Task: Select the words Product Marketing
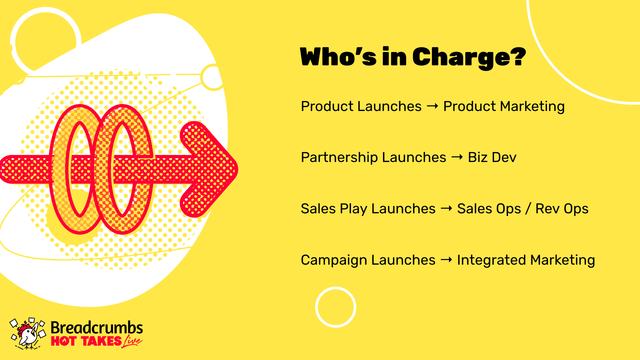coord(504,106)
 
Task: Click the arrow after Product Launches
coord(433,106)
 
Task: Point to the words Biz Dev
coord(492,157)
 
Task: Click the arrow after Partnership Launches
coord(457,157)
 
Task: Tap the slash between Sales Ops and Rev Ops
coord(528,209)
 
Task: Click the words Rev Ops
coord(562,209)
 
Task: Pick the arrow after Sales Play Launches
coord(446,208)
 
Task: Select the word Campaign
coord(334,260)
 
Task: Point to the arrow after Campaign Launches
coord(446,259)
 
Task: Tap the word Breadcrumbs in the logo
coord(97,328)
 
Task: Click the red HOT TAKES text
coord(86,341)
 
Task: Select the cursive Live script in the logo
coord(132,341)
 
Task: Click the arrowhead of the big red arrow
coord(209,169)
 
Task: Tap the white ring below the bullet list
coord(336,287)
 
